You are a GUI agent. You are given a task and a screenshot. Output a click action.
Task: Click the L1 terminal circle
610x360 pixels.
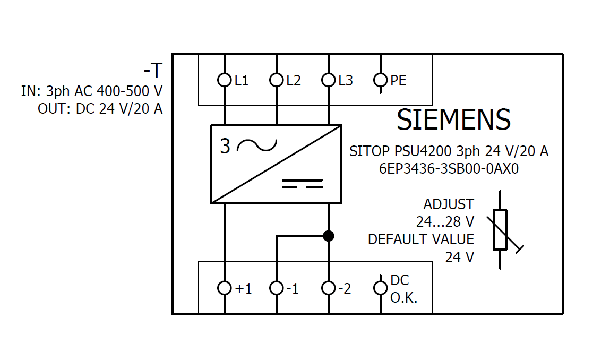(x=225, y=80)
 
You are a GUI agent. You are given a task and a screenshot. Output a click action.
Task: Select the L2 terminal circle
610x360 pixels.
(x=277, y=80)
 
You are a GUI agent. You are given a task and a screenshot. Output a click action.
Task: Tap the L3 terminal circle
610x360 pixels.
(x=329, y=80)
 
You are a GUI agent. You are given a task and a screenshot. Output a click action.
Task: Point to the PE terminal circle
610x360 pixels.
(x=381, y=80)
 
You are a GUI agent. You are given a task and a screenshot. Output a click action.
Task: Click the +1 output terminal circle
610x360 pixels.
(x=225, y=288)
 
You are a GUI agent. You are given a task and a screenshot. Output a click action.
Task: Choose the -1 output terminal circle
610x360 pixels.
(x=277, y=288)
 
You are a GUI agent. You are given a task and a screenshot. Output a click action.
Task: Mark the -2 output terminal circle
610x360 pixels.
(x=329, y=288)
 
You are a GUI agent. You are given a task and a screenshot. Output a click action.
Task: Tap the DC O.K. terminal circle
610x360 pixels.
(x=381, y=288)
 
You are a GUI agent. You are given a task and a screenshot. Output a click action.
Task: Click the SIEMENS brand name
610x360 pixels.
(x=453, y=120)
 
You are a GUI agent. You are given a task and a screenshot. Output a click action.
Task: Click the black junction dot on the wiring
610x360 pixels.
(x=329, y=236)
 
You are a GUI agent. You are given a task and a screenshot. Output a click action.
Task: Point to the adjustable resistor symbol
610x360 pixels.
(x=501, y=229)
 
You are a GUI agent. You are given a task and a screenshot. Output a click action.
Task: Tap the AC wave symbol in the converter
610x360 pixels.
(x=257, y=145)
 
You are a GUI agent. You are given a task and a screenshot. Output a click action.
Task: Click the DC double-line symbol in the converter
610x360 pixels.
(x=302, y=184)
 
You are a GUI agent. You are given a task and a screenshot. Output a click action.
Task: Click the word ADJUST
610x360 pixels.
(x=449, y=204)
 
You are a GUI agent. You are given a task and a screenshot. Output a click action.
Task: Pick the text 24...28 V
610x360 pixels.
(x=445, y=221)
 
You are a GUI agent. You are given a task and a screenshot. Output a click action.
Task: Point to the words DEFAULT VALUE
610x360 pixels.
(x=421, y=239)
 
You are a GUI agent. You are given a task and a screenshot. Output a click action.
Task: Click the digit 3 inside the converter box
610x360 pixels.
(x=226, y=147)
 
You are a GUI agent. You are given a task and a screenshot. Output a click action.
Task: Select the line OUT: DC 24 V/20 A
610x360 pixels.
(x=100, y=109)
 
